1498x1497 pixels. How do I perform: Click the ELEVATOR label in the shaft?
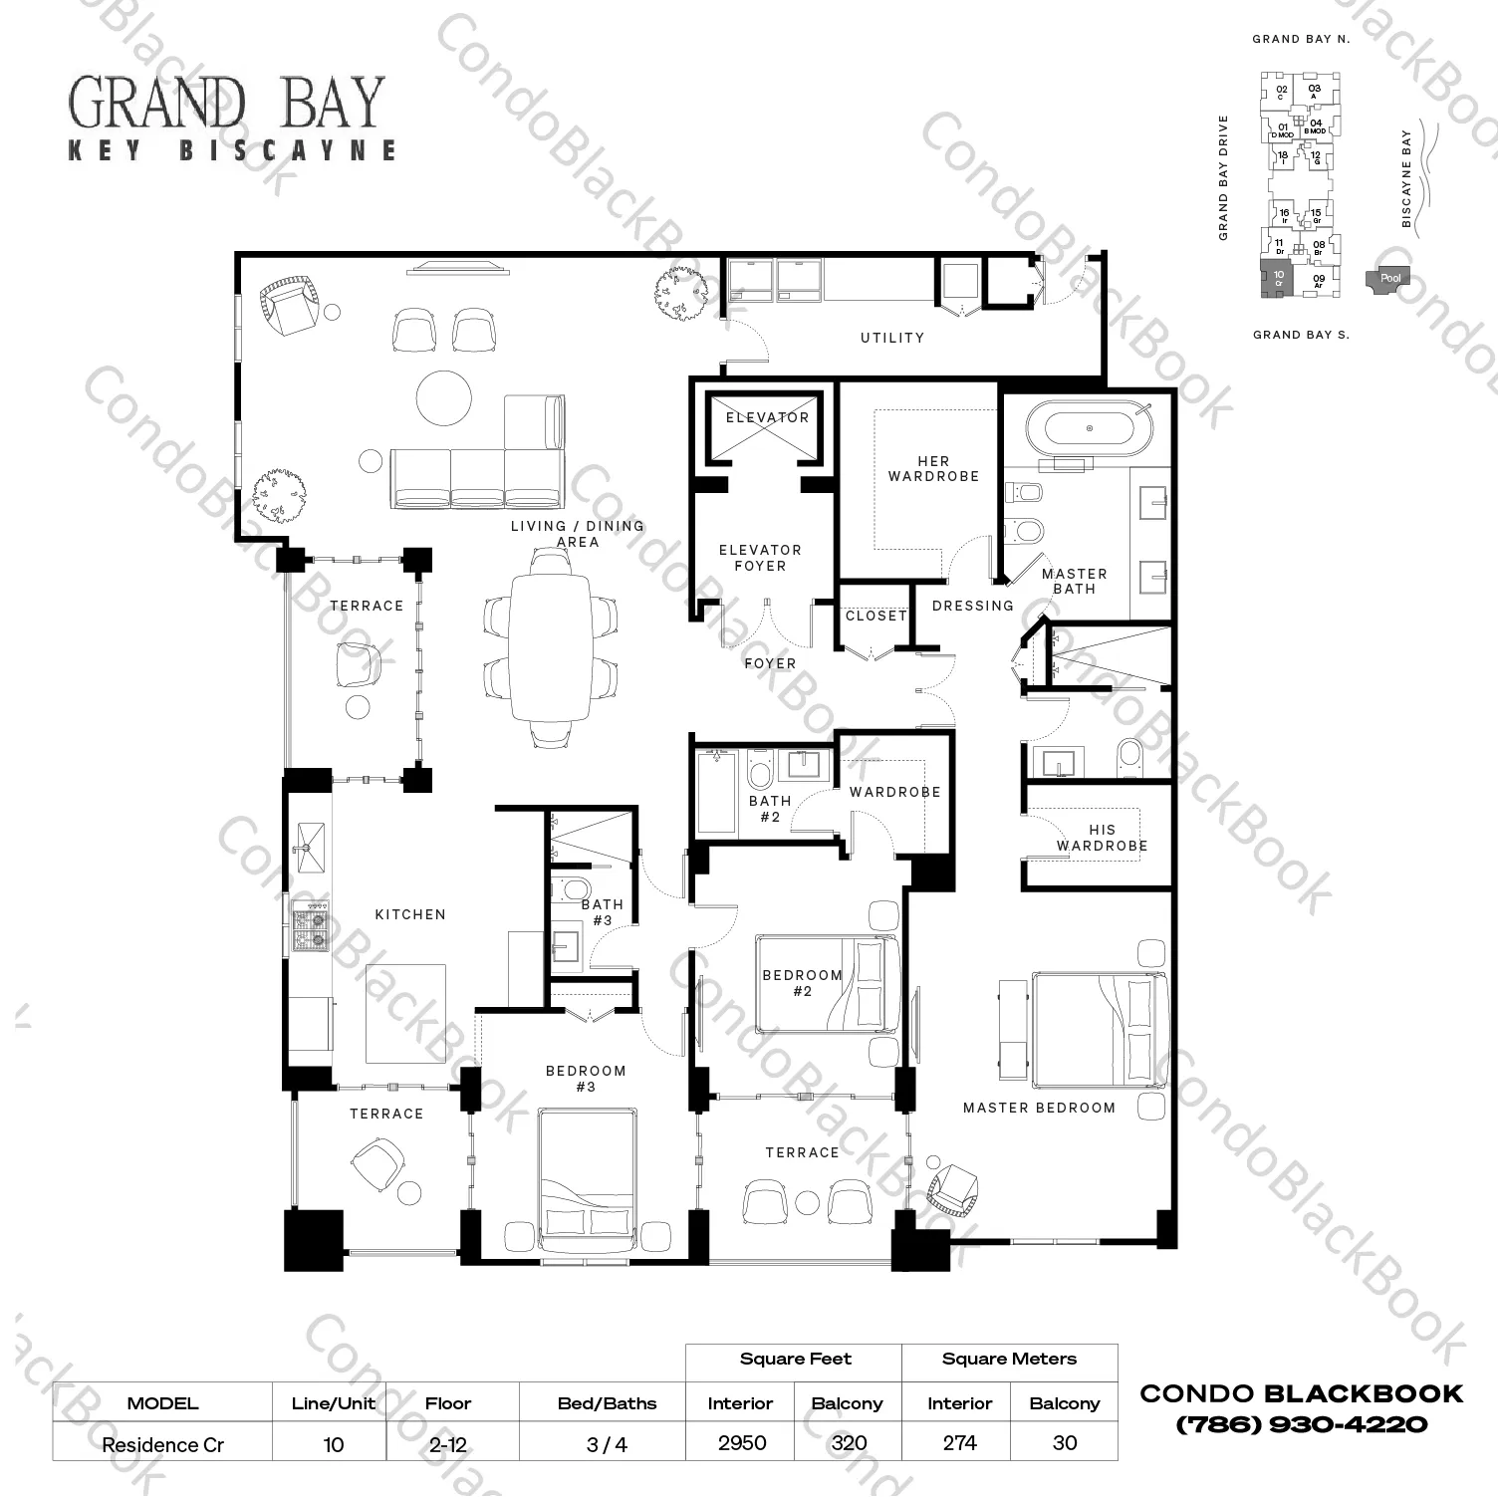click(x=767, y=417)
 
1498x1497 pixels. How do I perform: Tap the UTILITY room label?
click(x=892, y=338)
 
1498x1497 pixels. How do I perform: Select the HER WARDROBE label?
click(x=933, y=468)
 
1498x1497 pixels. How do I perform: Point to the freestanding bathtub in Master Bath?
click(x=1090, y=428)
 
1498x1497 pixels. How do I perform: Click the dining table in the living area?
click(x=551, y=646)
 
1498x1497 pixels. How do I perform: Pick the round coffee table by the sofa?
click(x=443, y=398)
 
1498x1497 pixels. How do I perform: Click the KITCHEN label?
click(x=410, y=914)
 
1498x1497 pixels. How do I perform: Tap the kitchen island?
click(x=405, y=1013)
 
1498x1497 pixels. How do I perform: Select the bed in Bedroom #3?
click(x=587, y=1180)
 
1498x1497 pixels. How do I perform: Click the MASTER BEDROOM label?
click(x=1039, y=1108)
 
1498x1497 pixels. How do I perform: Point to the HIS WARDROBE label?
click(x=1102, y=838)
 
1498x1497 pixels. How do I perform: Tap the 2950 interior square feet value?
click(x=742, y=1443)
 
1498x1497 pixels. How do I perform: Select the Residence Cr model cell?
click(x=162, y=1444)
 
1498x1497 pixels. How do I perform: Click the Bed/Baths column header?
click(x=607, y=1403)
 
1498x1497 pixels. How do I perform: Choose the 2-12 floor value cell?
click(x=448, y=1444)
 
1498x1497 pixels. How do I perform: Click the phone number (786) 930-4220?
click(x=1302, y=1424)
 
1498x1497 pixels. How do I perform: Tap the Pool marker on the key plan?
click(x=1389, y=279)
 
